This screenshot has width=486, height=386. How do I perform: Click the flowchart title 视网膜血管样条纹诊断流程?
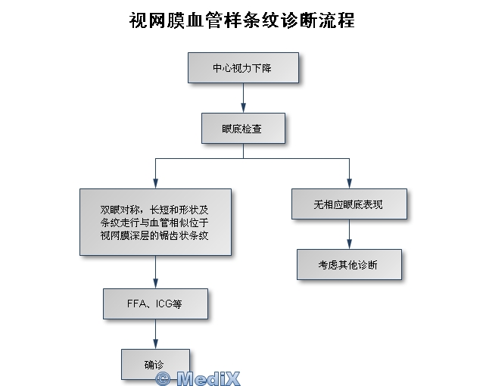[x=242, y=20]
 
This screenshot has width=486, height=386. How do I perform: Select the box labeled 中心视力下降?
[x=243, y=68]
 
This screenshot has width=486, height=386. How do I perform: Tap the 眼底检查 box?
[x=243, y=128]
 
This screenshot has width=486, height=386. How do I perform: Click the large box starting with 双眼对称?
[x=155, y=222]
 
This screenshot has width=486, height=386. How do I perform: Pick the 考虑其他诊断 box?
[x=349, y=264]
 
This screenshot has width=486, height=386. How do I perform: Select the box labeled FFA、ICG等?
[x=155, y=304]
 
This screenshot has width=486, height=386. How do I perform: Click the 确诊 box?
[x=154, y=363]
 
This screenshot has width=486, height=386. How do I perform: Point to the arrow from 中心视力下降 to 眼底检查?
[x=243, y=98]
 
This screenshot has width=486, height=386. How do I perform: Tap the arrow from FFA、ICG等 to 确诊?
[x=155, y=333]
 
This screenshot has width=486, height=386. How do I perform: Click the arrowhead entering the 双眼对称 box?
[x=155, y=183]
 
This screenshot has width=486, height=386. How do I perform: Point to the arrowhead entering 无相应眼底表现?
[x=349, y=183]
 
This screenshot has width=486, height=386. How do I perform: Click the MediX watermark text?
[x=207, y=377]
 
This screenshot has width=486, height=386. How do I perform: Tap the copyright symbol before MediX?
[x=163, y=377]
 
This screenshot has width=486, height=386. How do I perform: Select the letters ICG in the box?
[x=164, y=304]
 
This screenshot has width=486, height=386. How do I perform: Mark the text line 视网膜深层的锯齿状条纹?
[x=154, y=235]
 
